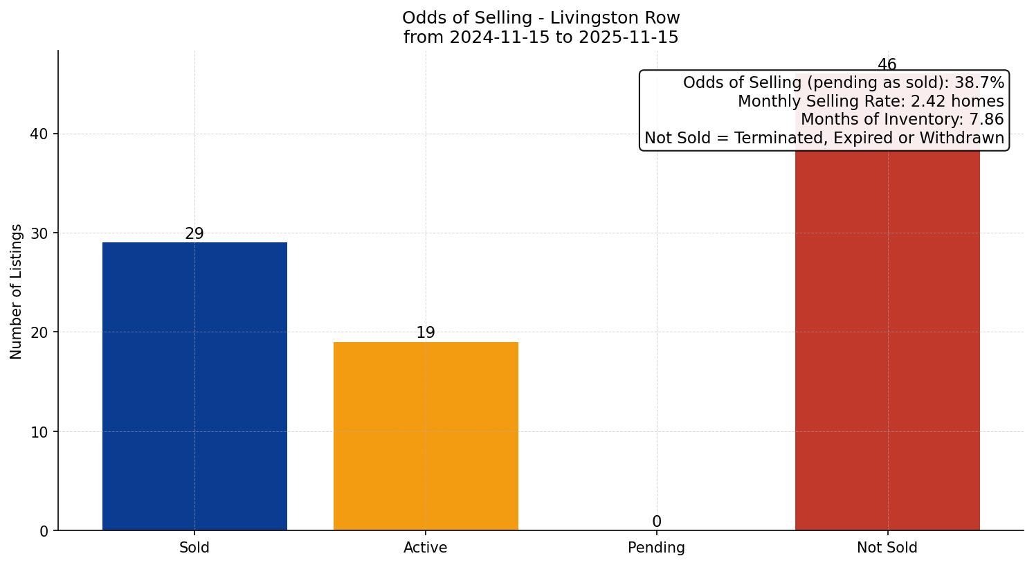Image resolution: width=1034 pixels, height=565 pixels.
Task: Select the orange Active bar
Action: (x=426, y=436)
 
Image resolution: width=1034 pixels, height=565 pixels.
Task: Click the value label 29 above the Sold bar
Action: (x=194, y=234)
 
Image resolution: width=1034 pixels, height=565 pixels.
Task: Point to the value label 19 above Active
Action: (x=426, y=333)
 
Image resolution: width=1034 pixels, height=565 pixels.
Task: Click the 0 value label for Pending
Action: (x=656, y=522)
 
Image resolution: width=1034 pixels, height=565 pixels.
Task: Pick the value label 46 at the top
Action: (x=887, y=65)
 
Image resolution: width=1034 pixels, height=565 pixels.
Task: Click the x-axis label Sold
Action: (x=194, y=548)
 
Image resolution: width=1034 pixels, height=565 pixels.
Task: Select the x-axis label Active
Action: (x=426, y=548)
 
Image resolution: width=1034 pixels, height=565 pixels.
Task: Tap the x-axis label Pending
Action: (x=656, y=548)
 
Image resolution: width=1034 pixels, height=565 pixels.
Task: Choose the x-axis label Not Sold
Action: (x=887, y=548)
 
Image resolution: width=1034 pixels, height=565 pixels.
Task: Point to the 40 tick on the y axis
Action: (x=39, y=134)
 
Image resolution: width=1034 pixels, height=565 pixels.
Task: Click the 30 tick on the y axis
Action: (x=39, y=233)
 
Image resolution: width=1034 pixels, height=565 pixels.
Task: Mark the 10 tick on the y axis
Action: (x=39, y=432)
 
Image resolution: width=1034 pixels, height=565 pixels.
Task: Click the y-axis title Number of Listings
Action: (x=17, y=292)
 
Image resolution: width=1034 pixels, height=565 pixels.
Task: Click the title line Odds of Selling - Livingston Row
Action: (x=541, y=18)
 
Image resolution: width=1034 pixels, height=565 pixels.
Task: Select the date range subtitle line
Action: (x=541, y=37)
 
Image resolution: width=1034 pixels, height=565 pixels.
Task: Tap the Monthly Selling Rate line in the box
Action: (x=870, y=101)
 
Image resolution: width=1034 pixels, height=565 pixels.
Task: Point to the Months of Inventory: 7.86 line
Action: (x=901, y=119)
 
